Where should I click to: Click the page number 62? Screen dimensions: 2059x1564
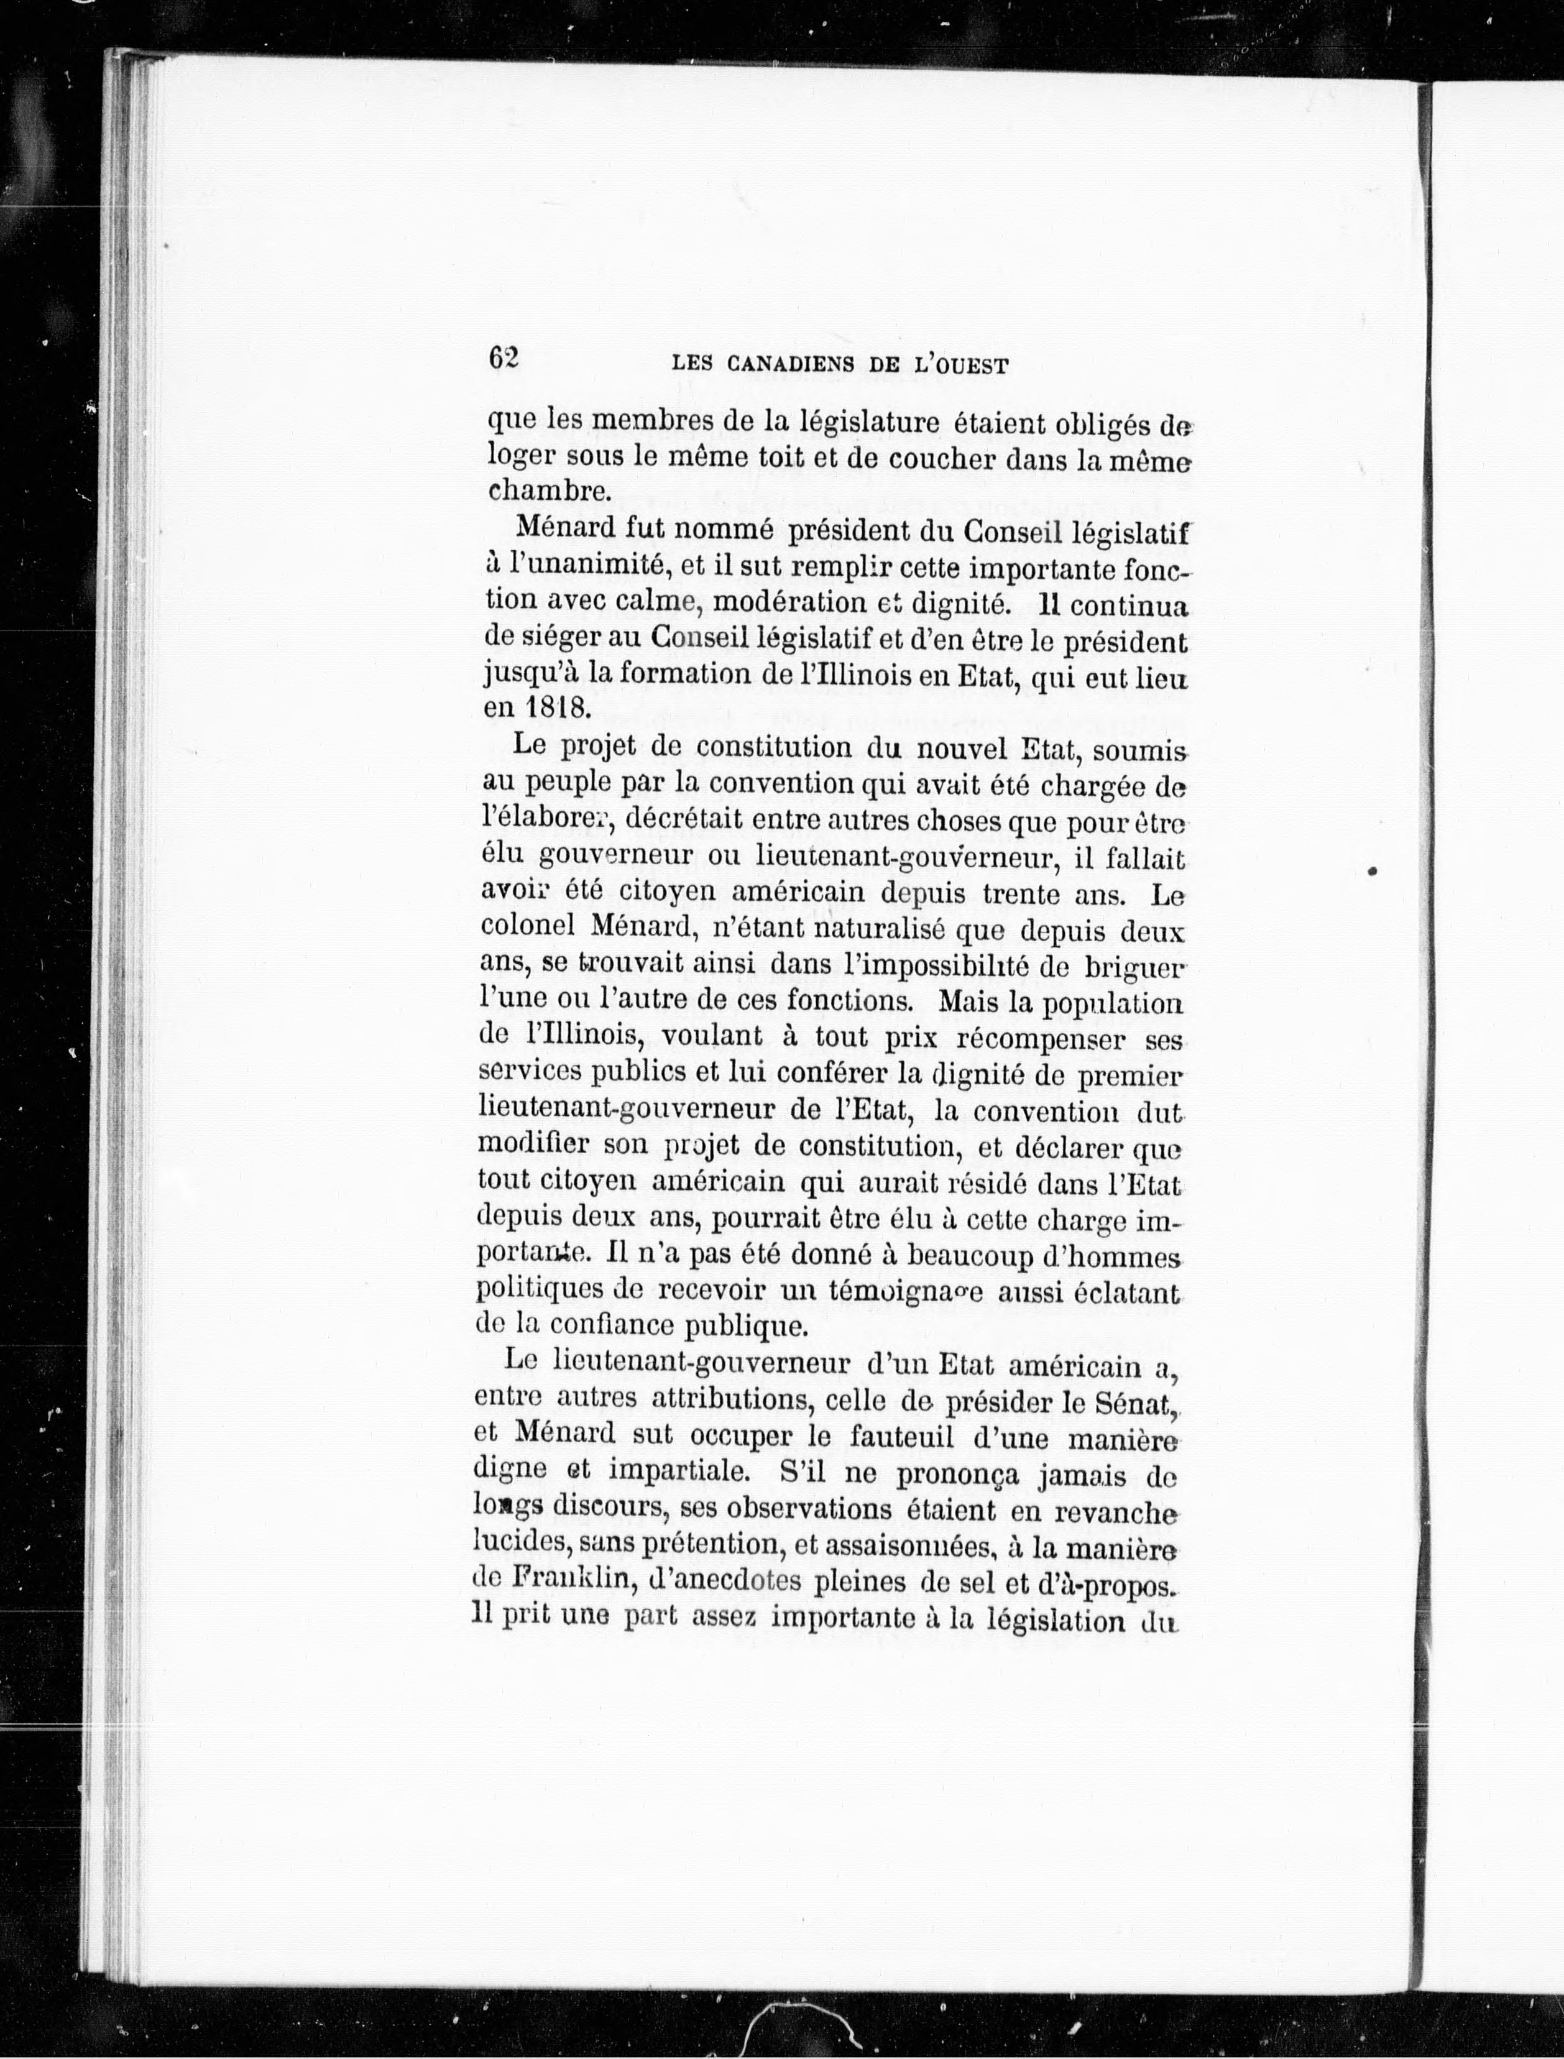coord(503,358)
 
